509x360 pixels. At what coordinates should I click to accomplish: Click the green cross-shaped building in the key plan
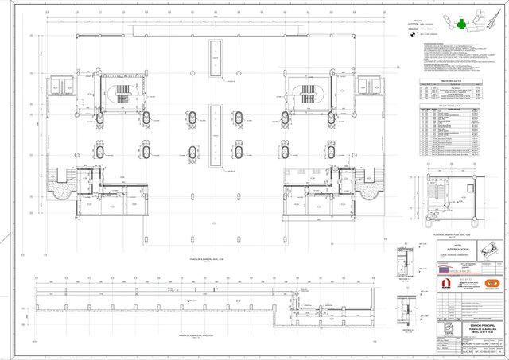coord(460,25)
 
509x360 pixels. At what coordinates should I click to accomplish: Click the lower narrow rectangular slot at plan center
coord(216,135)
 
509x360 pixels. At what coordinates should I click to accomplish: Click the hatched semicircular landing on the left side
coord(59,188)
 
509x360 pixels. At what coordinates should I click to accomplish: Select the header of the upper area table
coord(451,81)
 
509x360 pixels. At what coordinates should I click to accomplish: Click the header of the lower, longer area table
coord(451,103)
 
